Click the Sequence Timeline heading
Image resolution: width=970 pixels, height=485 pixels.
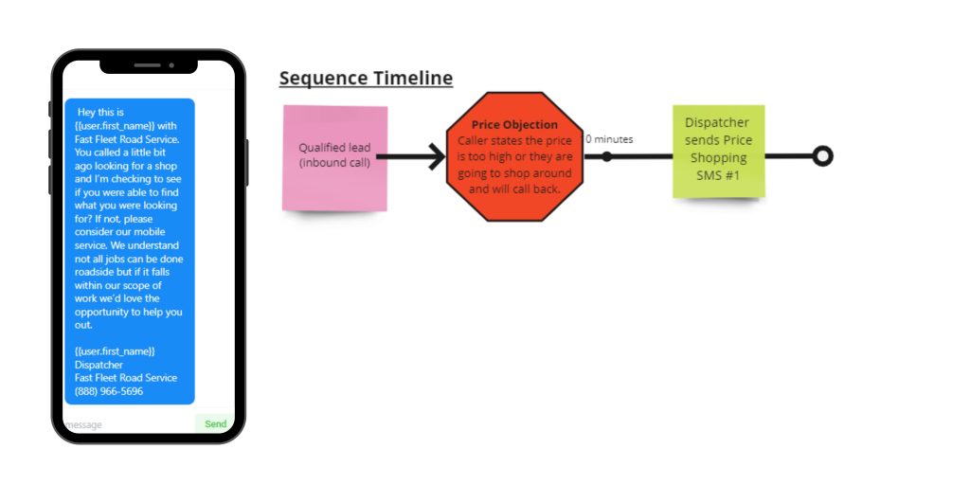pyautogui.click(x=366, y=78)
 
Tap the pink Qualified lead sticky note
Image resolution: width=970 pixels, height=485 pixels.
pyautogui.click(x=334, y=156)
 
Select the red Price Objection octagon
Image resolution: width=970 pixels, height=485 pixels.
pyautogui.click(x=514, y=156)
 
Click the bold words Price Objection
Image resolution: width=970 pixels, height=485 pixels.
pyautogui.click(x=514, y=124)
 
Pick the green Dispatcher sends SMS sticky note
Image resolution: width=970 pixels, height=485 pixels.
pyautogui.click(x=718, y=152)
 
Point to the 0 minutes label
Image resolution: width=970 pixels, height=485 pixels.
pyautogui.click(x=609, y=139)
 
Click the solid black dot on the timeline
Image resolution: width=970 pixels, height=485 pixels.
pyautogui.click(x=607, y=156)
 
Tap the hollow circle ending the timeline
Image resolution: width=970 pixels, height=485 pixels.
pyautogui.click(x=822, y=156)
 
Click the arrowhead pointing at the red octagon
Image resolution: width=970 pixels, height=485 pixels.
pyautogui.click(x=437, y=156)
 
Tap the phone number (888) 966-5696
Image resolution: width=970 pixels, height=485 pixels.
pyautogui.click(x=109, y=391)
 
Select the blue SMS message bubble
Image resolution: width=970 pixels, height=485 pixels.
pyautogui.click(x=130, y=251)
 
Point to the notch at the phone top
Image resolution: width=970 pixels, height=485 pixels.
pyautogui.click(x=149, y=65)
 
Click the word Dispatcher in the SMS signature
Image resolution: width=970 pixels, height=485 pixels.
pyautogui.click(x=99, y=365)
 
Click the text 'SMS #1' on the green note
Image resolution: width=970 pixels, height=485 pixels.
pyautogui.click(x=717, y=174)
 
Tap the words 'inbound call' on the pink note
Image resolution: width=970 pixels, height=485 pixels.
pyautogui.click(x=334, y=163)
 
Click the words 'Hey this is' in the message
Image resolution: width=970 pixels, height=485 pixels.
pyautogui.click(x=100, y=112)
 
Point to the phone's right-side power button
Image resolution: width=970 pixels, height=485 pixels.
pyautogui.click(x=247, y=161)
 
